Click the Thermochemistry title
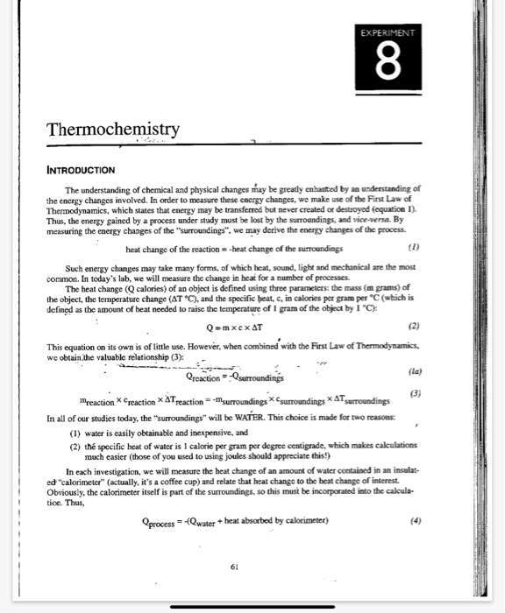(x=113, y=130)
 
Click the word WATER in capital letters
(x=275, y=407)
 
